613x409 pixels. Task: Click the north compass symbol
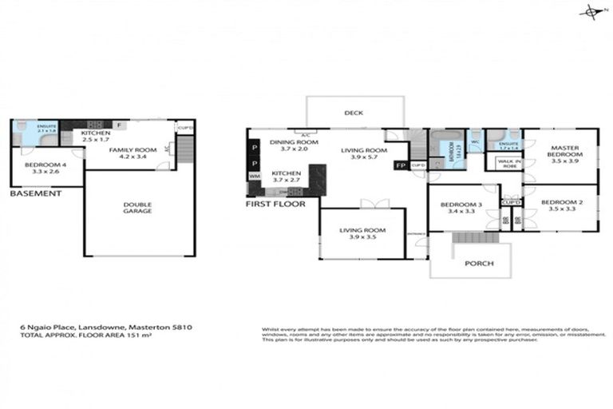coord(592,11)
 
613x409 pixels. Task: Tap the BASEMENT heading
coord(35,193)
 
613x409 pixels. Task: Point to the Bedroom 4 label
coord(45,167)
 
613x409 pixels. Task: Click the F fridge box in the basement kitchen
coord(118,125)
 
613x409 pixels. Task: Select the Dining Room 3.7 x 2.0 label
coord(293,145)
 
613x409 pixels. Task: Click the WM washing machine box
coord(255,176)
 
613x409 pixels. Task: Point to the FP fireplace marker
coord(401,166)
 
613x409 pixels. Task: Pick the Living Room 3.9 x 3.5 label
coord(362,234)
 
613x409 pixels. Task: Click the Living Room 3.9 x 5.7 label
coord(363,153)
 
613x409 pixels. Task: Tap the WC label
coord(476,143)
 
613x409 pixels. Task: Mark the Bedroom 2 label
coord(562,206)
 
